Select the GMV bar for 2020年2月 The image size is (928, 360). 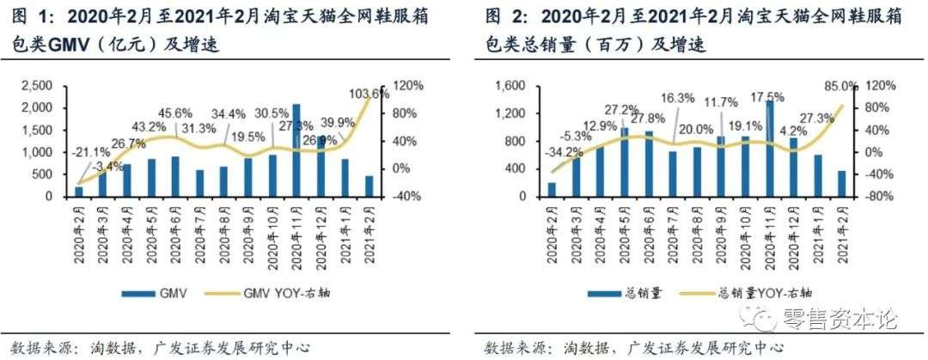coord(80,192)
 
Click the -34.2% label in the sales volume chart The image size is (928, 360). coord(533,155)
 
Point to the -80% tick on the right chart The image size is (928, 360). coord(879,197)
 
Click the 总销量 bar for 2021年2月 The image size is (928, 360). coord(840,184)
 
